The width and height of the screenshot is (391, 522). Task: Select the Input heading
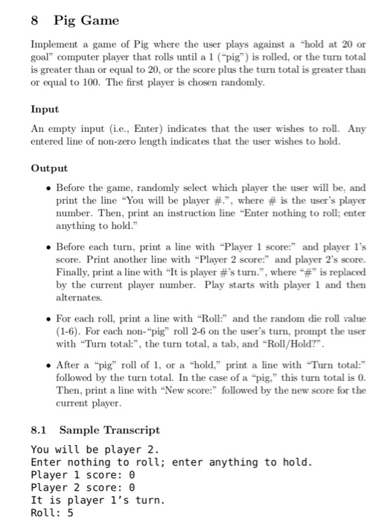[45, 109]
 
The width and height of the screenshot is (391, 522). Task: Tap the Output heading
[49, 169]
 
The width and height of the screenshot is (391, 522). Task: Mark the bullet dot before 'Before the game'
[47, 189]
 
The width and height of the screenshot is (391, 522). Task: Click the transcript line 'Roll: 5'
[52, 512]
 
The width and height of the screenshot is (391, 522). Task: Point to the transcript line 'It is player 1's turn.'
[98, 500]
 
